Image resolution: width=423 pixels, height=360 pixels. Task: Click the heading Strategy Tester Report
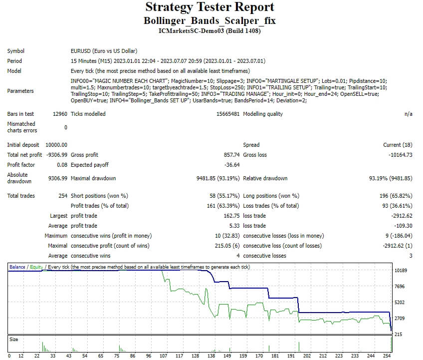point(210,7)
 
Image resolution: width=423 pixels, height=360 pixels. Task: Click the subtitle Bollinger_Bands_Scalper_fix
point(210,21)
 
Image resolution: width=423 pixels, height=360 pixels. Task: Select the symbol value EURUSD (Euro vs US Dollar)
point(104,51)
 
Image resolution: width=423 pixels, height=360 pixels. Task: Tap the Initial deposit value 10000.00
point(56,145)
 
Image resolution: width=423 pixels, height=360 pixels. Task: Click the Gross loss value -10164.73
point(401,155)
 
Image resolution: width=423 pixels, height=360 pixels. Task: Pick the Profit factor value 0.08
point(62,165)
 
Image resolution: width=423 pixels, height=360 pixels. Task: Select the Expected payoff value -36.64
point(232,165)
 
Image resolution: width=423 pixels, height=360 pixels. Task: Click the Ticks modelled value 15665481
point(226,114)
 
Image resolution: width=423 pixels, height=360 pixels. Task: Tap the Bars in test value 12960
point(60,114)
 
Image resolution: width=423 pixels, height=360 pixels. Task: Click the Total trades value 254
point(63,196)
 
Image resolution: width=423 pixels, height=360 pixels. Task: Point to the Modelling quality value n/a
point(408,114)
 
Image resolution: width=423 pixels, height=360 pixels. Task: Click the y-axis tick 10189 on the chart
point(401,271)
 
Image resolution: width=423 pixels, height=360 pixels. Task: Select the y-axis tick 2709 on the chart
point(400,318)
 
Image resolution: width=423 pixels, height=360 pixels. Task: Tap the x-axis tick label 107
point(164,356)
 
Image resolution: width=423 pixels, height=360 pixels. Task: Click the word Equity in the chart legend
point(36,267)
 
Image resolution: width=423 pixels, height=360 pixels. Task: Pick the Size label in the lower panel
point(13,340)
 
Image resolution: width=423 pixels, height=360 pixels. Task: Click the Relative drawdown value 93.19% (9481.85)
point(391,178)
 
